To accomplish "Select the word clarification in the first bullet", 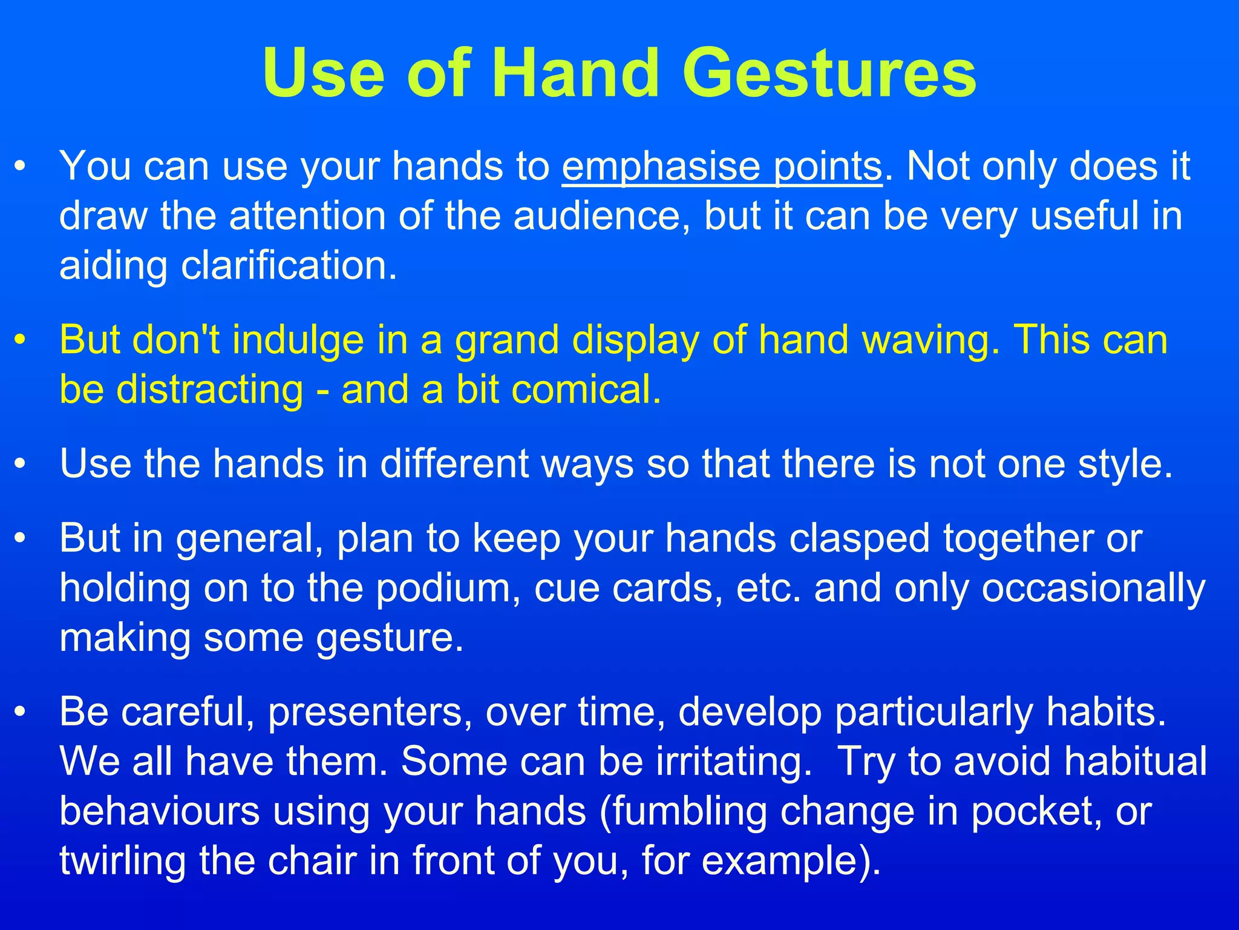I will (289, 266).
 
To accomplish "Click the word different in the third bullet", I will (454, 464).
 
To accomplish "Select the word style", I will (1125, 464).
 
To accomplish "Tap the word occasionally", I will (1093, 589).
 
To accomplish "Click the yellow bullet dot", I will (21, 340).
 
